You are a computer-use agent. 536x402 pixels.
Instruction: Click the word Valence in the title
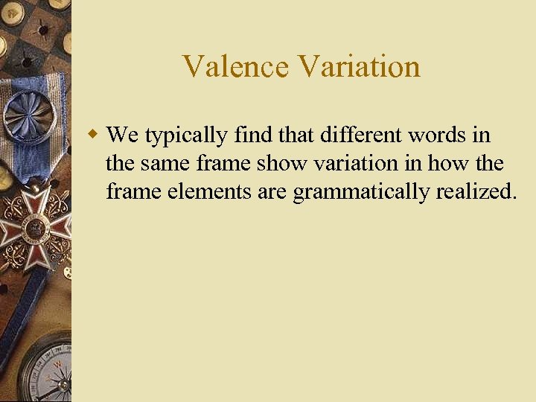click(x=236, y=66)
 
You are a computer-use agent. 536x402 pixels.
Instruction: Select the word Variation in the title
click(x=360, y=66)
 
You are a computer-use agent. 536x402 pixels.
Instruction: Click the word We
click(x=123, y=135)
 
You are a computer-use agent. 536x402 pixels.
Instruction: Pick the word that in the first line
click(x=299, y=135)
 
